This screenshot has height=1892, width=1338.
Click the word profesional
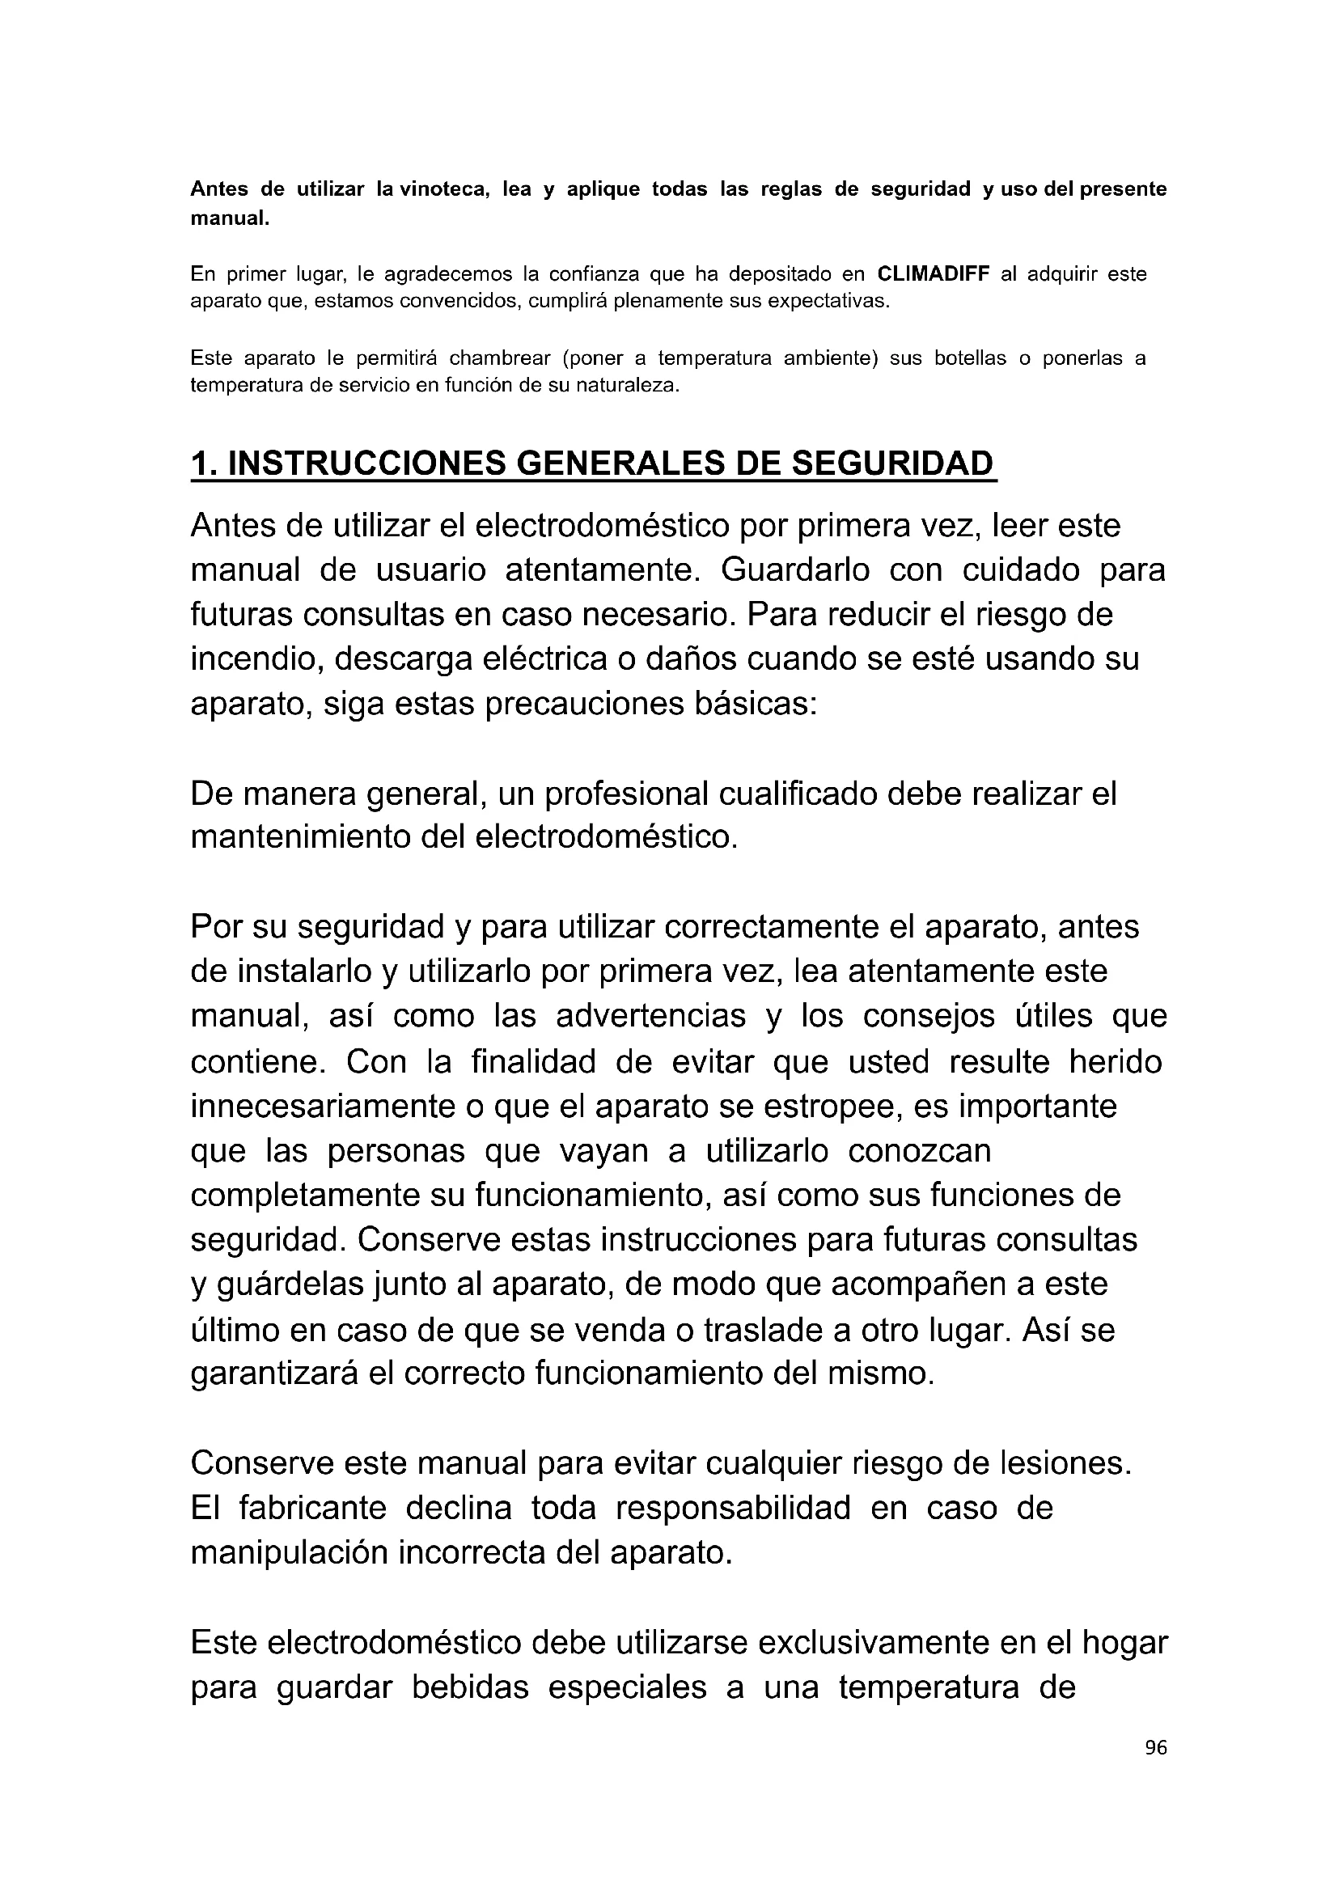[626, 794]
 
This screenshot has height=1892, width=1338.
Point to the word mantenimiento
[300, 837]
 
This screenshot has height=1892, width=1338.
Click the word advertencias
[650, 1016]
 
